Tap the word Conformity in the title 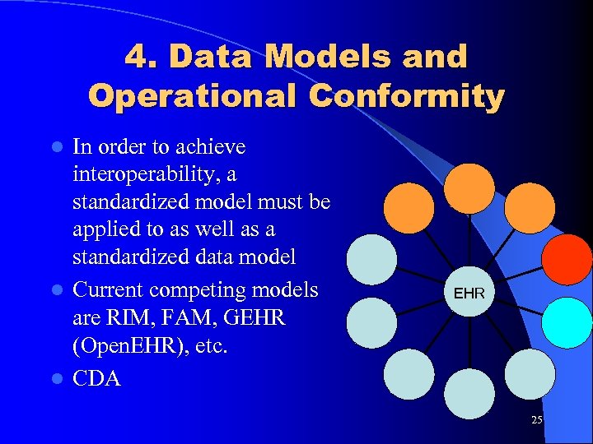point(407,96)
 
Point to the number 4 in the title point(137,57)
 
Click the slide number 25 point(537,420)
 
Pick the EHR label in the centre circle point(469,292)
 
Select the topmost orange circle point(469,187)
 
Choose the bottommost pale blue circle point(469,395)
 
